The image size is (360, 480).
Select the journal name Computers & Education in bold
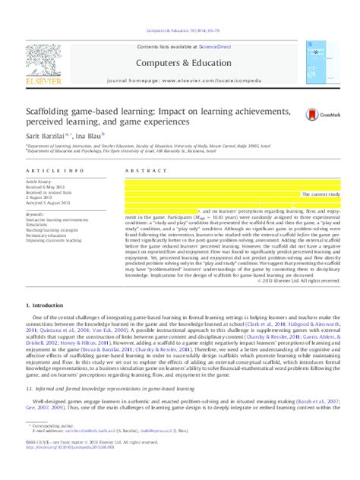pos(179,42)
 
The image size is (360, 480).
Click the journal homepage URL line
pos(179,58)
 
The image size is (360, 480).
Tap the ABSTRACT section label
pos(139,172)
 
